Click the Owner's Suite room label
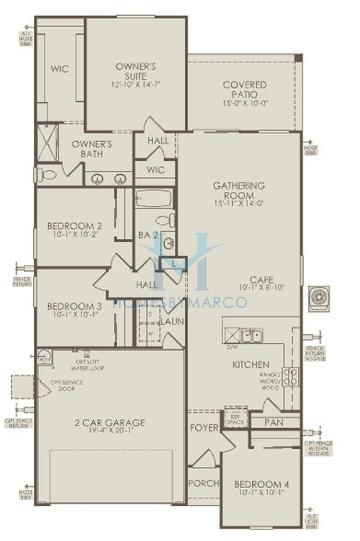(135, 68)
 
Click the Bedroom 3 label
(74, 306)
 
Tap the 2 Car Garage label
(110, 423)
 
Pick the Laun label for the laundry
(171, 322)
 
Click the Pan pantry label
(274, 423)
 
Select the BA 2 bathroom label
(148, 235)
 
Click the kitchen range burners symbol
(290, 377)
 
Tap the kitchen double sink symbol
(253, 335)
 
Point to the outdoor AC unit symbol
(321, 297)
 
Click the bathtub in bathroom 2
(155, 199)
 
